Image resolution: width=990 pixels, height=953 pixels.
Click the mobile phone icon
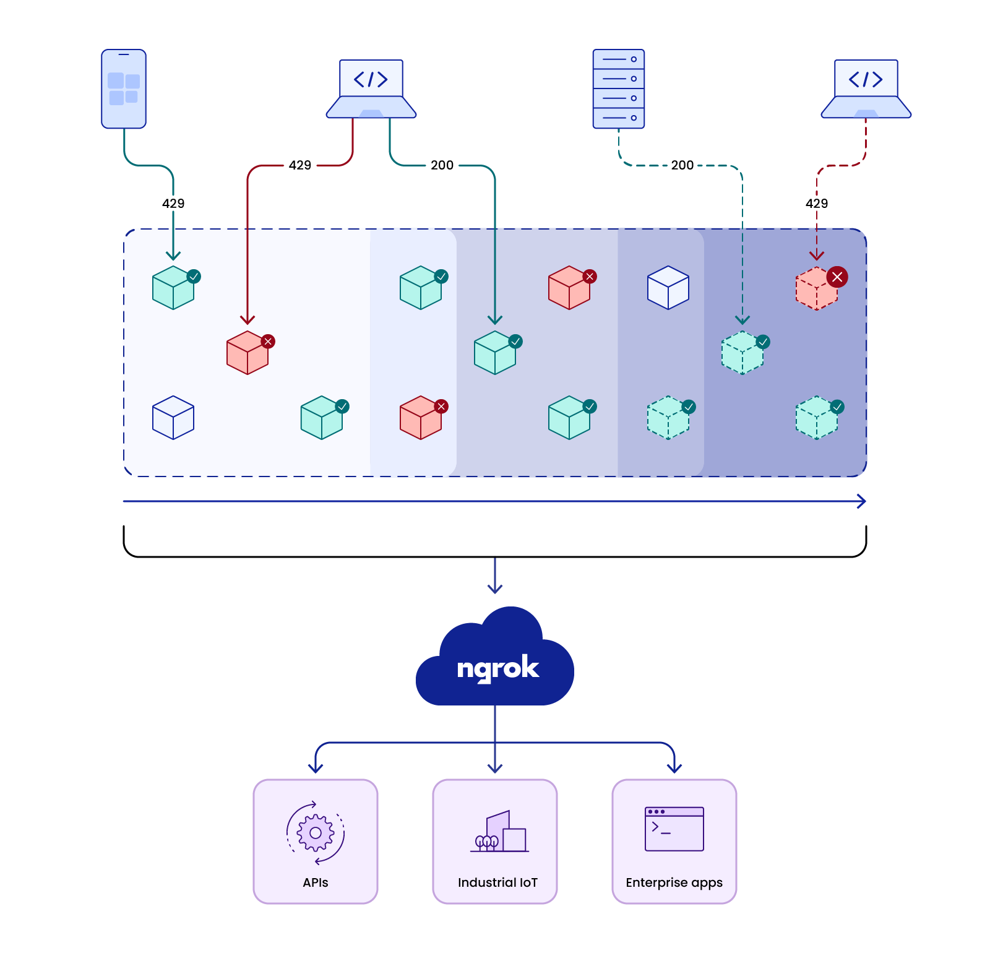(124, 89)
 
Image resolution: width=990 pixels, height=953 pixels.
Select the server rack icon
(619, 89)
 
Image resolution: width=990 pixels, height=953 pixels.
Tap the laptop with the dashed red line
(866, 88)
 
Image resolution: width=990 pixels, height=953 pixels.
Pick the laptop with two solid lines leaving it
(371, 88)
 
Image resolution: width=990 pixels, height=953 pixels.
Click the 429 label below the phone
(173, 204)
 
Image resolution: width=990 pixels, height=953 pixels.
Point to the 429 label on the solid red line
(300, 165)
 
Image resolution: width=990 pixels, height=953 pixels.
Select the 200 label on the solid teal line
(442, 165)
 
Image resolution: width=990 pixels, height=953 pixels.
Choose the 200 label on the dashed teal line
(682, 165)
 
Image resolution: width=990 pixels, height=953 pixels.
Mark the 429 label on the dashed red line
(817, 204)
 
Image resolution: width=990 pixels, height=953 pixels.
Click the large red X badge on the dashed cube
(837, 277)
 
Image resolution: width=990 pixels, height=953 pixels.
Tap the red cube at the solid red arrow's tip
(247, 353)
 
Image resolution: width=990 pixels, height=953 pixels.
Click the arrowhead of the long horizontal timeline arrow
(862, 501)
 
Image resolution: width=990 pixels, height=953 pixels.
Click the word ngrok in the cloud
(498, 669)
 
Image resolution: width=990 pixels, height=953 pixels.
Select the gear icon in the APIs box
(316, 833)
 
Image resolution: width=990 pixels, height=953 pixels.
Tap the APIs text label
(316, 883)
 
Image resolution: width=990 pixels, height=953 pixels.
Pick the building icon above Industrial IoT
(500, 832)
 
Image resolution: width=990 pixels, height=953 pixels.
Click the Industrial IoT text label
(497, 883)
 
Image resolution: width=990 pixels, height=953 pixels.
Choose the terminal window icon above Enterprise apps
(674, 829)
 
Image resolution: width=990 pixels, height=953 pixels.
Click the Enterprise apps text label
(674, 883)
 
